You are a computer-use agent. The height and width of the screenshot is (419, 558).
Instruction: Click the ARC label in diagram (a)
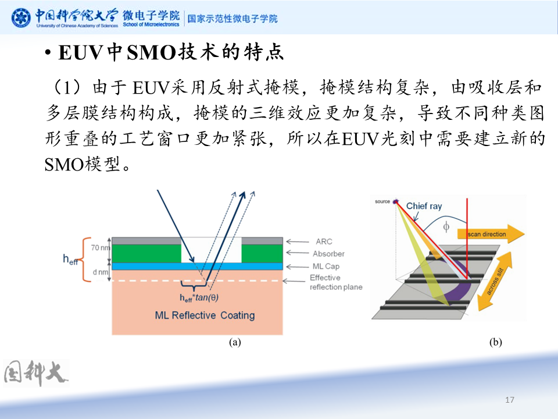[324, 242]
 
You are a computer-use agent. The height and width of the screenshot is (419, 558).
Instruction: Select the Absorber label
[328, 254]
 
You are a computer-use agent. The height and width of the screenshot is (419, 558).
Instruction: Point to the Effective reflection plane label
[335, 282]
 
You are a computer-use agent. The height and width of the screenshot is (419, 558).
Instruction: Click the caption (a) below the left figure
[235, 342]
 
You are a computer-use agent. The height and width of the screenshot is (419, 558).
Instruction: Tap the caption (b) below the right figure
[495, 342]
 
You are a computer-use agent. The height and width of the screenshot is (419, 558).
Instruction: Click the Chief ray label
[424, 206]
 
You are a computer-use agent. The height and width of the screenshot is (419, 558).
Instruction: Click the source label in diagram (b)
[382, 201]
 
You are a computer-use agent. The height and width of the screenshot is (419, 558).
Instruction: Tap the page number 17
[510, 400]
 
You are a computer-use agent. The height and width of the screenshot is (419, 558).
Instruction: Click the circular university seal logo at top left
[23, 18]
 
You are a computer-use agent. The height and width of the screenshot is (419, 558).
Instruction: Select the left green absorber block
[146, 254]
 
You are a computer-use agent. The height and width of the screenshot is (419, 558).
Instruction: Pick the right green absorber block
[262, 254]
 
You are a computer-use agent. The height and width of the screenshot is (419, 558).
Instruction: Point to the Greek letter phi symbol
[446, 228]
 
